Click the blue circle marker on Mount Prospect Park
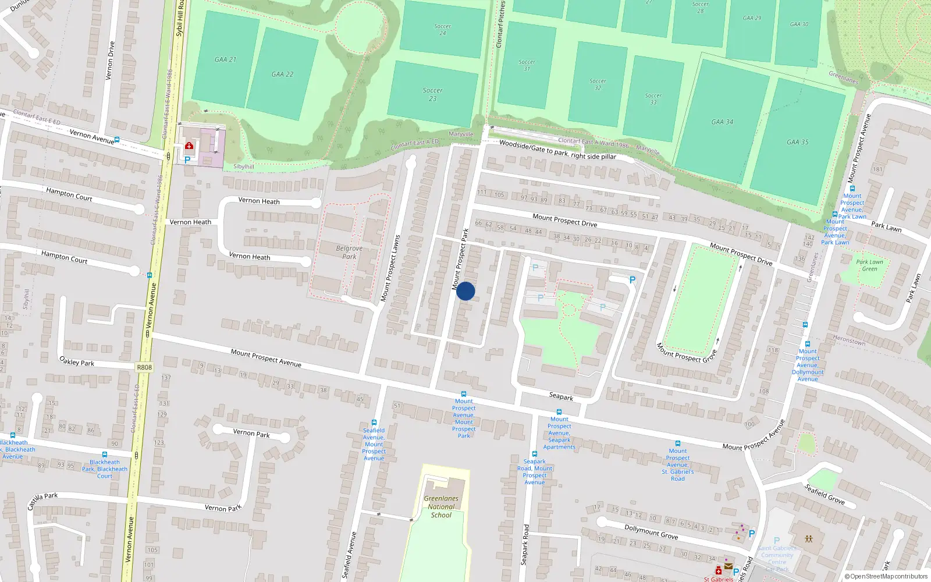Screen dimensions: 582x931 pos(465,291)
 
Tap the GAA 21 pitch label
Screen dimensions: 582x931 pos(225,59)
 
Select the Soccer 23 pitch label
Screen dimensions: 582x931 pos(432,94)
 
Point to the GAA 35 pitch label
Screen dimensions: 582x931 pos(797,142)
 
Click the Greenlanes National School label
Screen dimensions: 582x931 pos(440,506)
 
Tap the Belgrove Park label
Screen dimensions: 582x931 pos(349,252)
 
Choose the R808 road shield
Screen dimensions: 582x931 pos(144,367)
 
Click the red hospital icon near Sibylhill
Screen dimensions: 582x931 pos(189,146)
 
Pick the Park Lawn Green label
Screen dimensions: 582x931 pos(869,265)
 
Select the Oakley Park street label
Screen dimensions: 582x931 pos(77,361)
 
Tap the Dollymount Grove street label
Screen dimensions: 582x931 pos(651,531)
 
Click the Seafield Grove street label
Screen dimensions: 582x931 pos(825,494)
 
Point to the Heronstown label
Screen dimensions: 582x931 pos(849,341)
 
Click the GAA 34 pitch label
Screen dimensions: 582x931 pos(722,122)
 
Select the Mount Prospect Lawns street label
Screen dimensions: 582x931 pos(390,268)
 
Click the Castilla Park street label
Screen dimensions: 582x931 pos(42,501)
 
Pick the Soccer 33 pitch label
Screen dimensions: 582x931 pos(653,98)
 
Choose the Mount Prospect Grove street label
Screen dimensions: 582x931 pos(687,352)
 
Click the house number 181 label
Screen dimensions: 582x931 pos(877,169)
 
